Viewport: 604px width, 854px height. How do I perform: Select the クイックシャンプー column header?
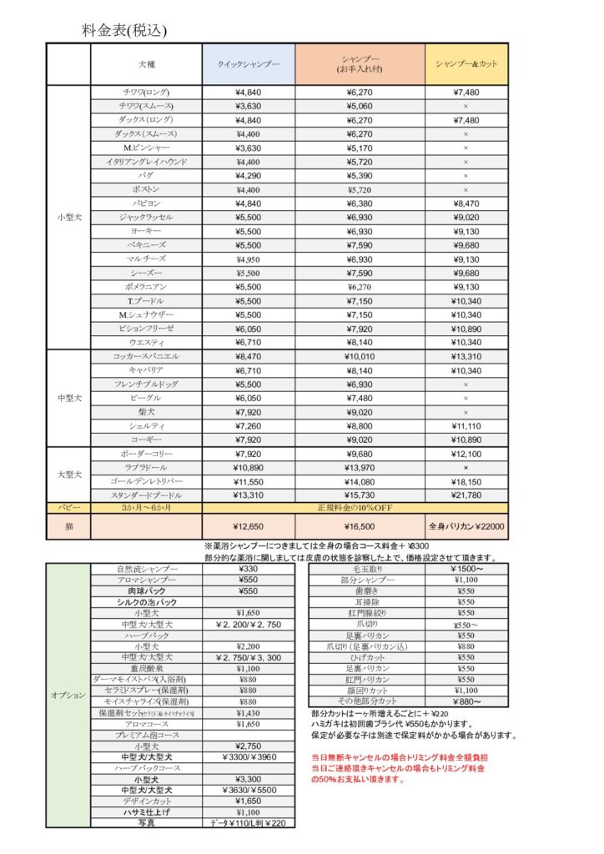(248, 64)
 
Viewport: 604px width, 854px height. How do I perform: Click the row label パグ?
(146, 175)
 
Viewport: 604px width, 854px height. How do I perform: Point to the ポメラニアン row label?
(146, 287)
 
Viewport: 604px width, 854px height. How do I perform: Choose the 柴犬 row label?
(146, 412)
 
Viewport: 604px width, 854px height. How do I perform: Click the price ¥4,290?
(248, 175)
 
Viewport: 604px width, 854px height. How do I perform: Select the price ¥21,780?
(466, 495)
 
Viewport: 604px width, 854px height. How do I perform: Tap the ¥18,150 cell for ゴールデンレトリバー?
(466, 482)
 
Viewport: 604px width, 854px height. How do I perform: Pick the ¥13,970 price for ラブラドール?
(360, 468)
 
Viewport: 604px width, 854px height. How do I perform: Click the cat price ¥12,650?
(248, 526)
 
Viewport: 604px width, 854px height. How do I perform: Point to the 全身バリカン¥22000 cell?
(466, 526)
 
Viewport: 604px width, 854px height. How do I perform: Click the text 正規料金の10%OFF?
(355, 507)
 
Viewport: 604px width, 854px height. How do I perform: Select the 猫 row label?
(68, 526)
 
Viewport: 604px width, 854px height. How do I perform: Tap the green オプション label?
(68, 695)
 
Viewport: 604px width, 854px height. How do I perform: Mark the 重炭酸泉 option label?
(146, 668)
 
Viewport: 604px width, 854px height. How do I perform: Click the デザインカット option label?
(146, 800)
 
